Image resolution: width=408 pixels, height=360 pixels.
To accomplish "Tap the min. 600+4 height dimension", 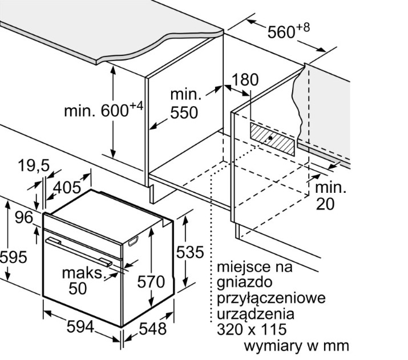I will tap(103, 110).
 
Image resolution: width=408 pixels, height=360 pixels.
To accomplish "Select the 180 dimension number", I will tap(246, 80).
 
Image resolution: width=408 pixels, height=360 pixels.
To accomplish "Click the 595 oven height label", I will tap(13, 257).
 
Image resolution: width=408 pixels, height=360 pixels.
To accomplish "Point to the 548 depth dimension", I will tap(152, 328).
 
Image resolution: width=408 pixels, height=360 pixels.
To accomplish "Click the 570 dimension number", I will tap(151, 282).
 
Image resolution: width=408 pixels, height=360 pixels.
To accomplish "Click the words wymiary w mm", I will tap(296, 346).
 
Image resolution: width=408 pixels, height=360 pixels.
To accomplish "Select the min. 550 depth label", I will tap(184, 103).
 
